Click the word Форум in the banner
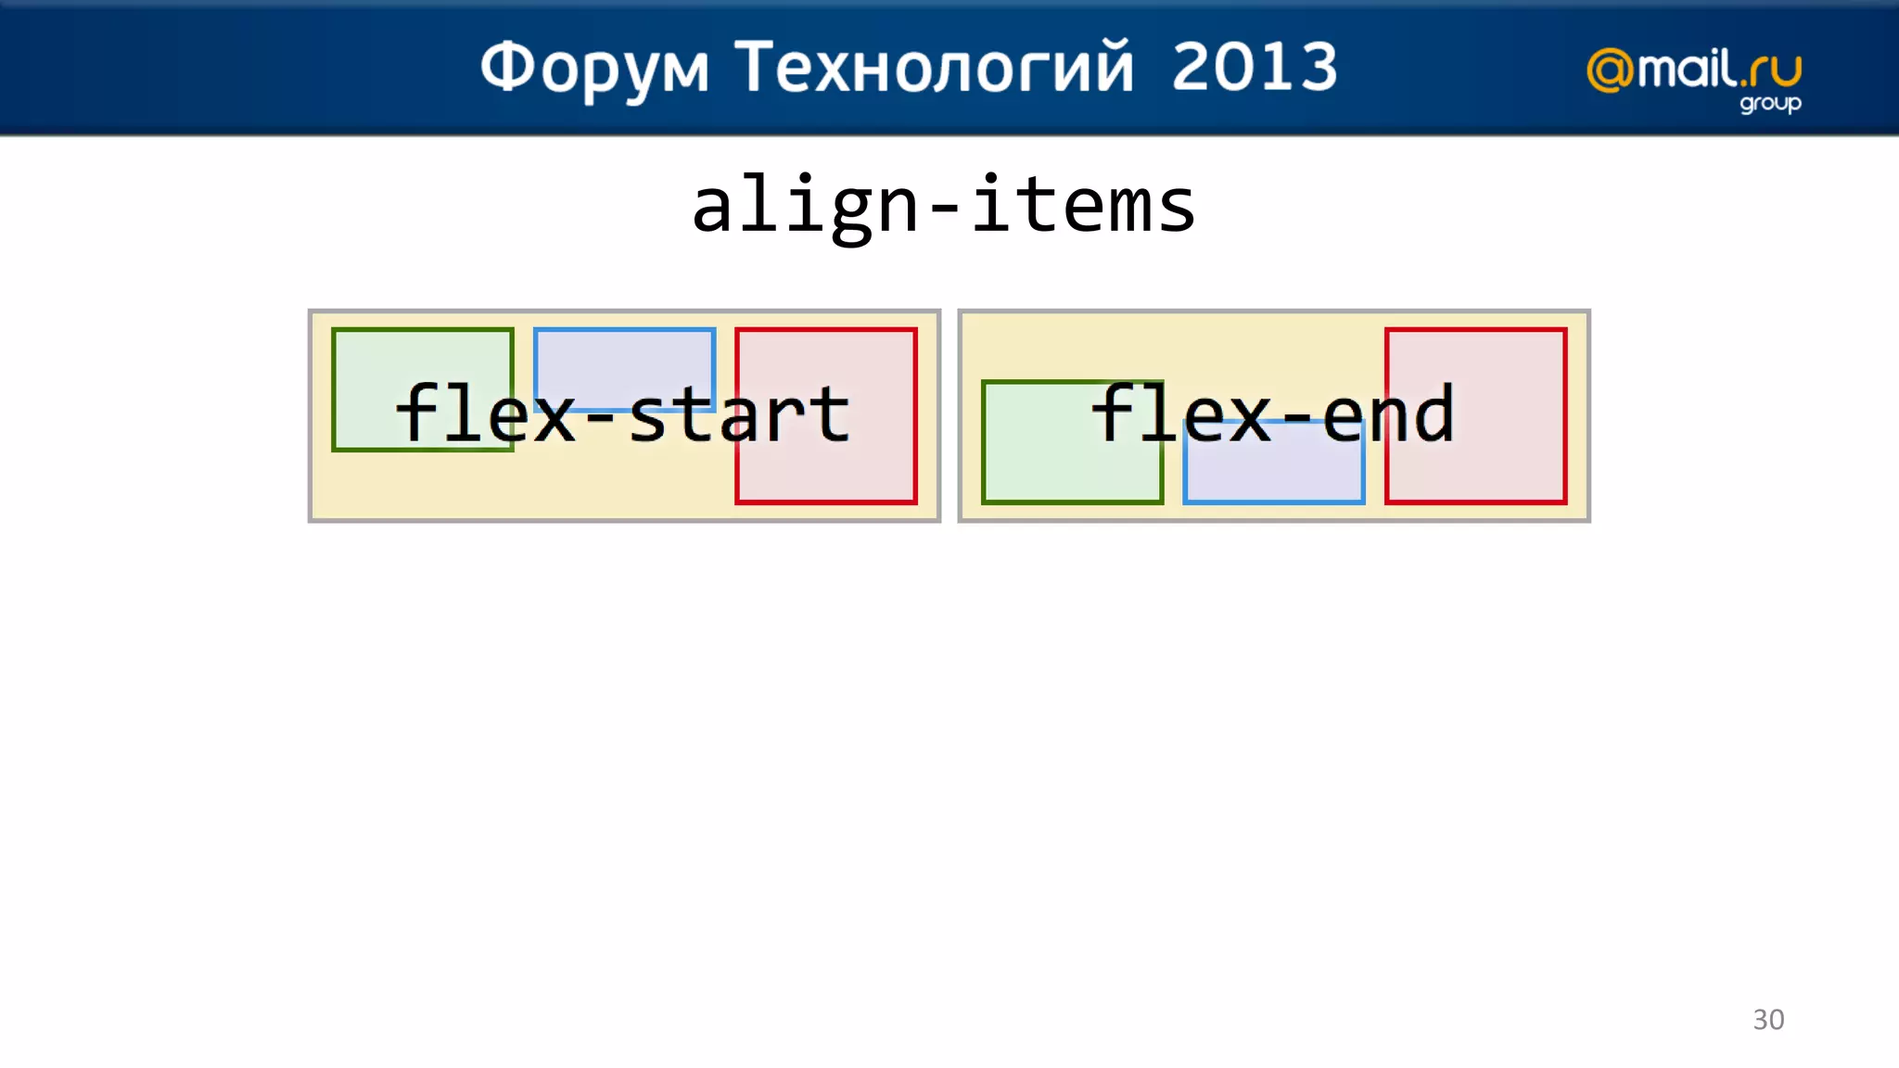tap(594, 69)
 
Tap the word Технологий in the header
tap(934, 69)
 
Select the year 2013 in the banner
tap(1255, 67)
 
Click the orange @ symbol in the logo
tap(1611, 70)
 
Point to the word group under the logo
tap(1769, 103)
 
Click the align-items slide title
tap(944, 206)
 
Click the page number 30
tap(1767, 1019)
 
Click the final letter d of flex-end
tap(1433, 413)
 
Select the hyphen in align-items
tap(944, 211)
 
